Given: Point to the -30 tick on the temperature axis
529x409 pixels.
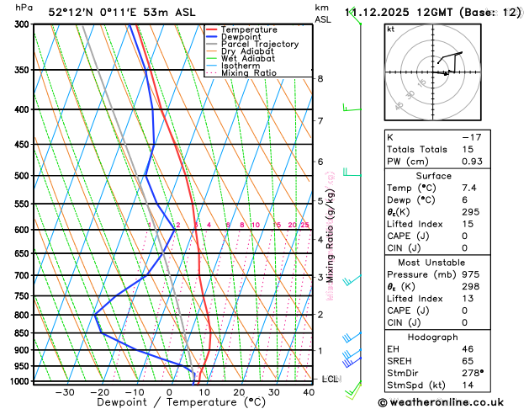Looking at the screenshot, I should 65,392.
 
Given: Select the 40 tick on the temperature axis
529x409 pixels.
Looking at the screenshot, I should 309,392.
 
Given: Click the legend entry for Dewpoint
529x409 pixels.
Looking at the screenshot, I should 242,37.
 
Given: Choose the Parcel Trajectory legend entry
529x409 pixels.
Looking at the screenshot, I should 259,45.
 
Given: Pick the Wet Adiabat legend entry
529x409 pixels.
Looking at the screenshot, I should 247,59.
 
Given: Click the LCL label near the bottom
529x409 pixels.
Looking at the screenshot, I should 331,380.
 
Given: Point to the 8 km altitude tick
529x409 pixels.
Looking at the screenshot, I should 320,78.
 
